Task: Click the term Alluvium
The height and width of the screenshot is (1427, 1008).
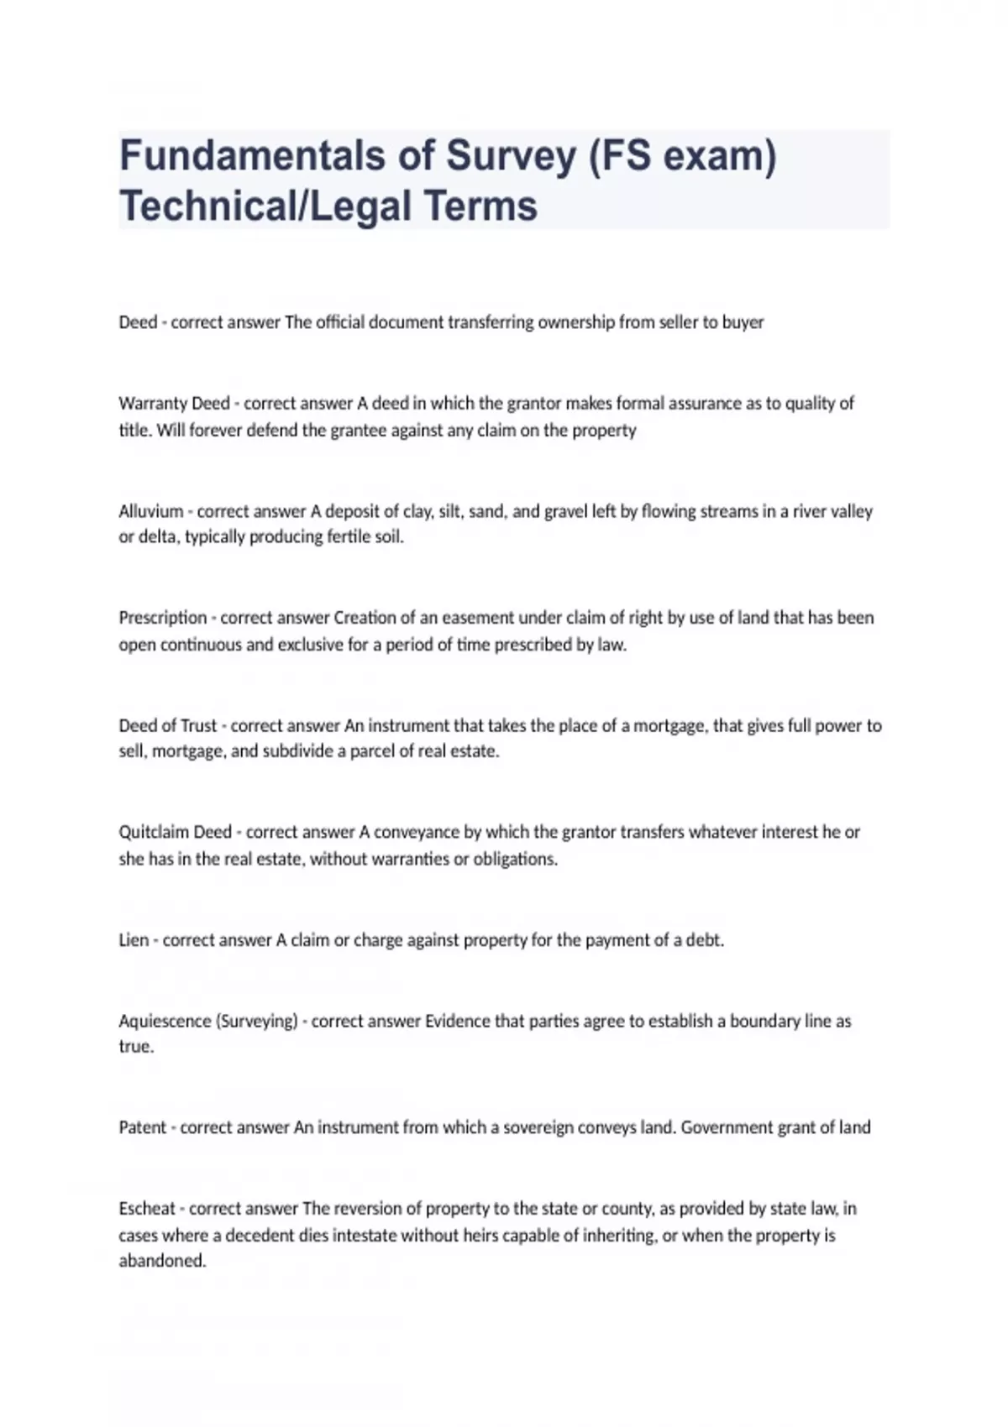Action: click(x=151, y=511)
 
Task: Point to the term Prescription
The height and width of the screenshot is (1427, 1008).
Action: click(x=163, y=618)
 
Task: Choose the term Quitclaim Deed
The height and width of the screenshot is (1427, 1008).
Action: click(x=175, y=832)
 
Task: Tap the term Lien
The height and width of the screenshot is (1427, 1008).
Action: click(x=134, y=940)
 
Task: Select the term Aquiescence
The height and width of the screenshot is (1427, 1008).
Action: click(x=165, y=1021)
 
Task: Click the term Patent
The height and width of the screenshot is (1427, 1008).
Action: click(x=142, y=1127)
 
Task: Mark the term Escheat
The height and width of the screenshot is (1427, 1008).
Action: click(x=147, y=1209)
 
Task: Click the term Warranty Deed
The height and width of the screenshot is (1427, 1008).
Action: click(x=174, y=403)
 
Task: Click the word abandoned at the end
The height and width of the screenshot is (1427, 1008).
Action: click(x=162, y=1261)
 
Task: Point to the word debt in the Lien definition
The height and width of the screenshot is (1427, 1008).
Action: click(x=704, y=940)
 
